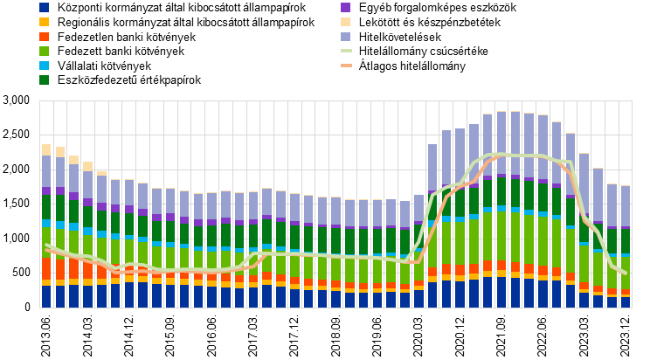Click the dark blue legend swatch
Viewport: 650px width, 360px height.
pos(44,7)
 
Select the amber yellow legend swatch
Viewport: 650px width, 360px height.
pos(44,22)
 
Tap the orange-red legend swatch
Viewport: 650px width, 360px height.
pos(44,37)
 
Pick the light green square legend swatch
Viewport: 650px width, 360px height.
pos(44,51)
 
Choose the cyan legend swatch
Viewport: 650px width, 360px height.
pos(44,66)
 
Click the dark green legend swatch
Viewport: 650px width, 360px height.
pos(44,80)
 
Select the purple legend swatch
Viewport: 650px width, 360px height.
pos(345,7)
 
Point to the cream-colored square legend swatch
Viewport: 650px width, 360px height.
pos(345,22)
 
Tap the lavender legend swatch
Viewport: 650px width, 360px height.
pos(345,37)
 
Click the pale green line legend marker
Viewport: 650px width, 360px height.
pos(346,51)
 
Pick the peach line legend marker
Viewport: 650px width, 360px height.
pos(346,66)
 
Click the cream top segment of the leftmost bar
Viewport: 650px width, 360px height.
pos(46,149)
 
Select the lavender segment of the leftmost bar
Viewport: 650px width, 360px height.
pos(46,171)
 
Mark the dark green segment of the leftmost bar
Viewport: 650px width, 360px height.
pos(46,208)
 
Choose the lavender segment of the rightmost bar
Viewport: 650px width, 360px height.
pos(625,205)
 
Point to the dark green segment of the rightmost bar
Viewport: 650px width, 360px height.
pos(625,241)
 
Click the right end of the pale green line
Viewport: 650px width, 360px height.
pos(626,273)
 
